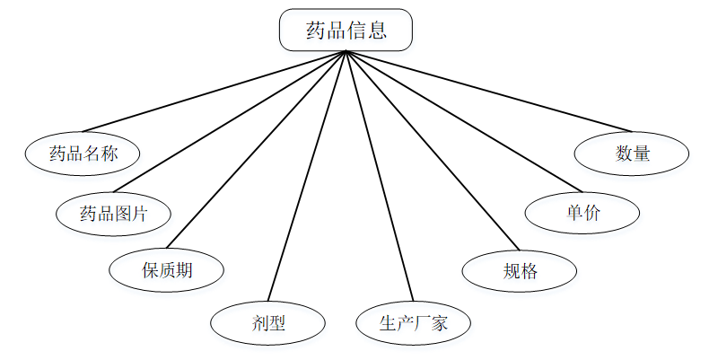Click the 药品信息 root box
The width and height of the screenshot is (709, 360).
pyautogui.click(x=346, y=30)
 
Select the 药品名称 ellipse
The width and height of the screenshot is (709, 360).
pyautogui.click(x=83, y=154)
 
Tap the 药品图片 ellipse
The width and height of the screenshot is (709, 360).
pyautogui.click(x=113, y=214)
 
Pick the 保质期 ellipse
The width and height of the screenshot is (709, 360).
pyautogui.click(x=166, y=269)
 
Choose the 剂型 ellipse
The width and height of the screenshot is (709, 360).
pyautogui.click(x=267, y=323)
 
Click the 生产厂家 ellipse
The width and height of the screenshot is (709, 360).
pyautogui.click(x=413, y=323)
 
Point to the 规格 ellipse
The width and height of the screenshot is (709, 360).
pyautogui.click(x=520, y=269)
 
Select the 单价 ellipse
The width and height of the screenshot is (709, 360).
pyautogui.click(x=582, y=213)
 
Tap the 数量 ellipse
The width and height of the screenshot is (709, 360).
pyautogui.click(x=632, y=154)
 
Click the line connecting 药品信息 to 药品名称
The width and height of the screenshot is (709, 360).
pyautogui.click(x=214, y=92)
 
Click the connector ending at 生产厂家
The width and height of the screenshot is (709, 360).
pyautogui.click(x=379, y=178)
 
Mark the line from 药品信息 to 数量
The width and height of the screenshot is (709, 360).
pyautogui.click(x=485, y=92)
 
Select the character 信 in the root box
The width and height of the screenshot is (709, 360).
pyautogui.click(x=357, y=31)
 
